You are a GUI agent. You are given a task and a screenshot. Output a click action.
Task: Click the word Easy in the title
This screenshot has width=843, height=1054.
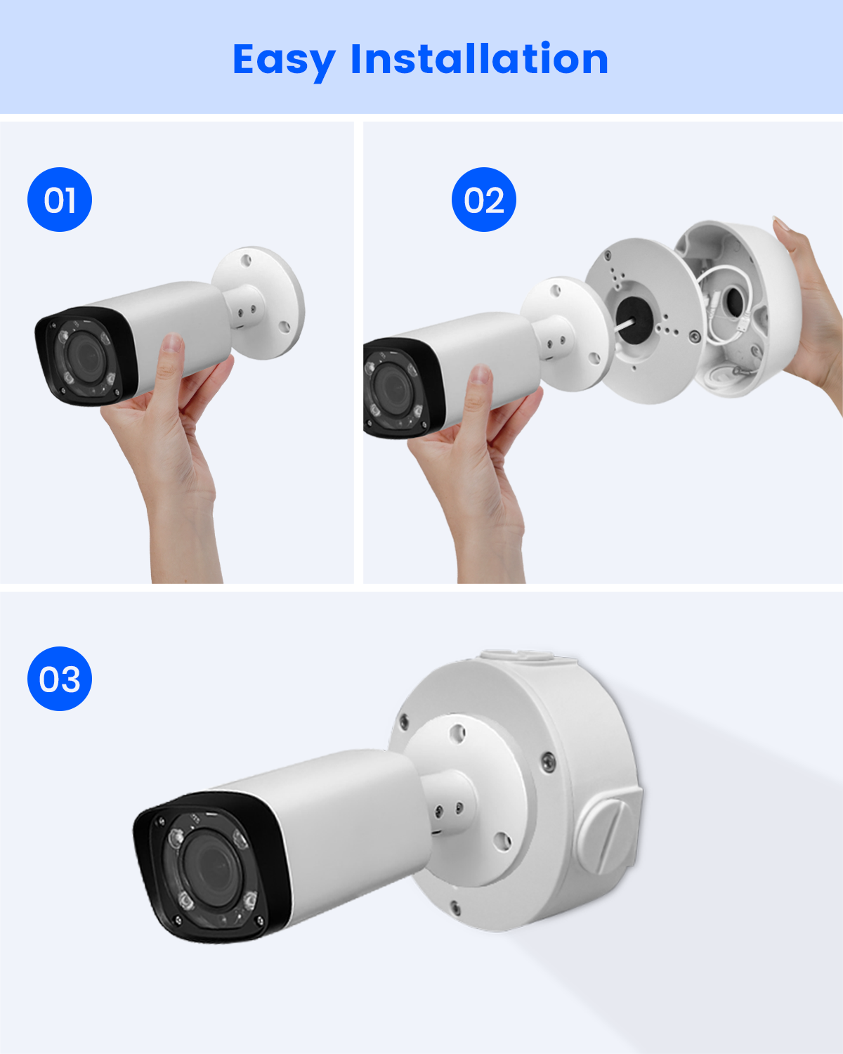[x=284, y=60]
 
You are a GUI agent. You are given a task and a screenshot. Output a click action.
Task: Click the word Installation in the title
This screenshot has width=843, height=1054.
[x=480, y=58]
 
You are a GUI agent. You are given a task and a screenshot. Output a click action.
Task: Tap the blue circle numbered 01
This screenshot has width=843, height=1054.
[x=60, y=200]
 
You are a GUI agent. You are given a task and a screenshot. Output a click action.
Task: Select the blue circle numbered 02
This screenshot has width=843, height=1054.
[x=483, y=200]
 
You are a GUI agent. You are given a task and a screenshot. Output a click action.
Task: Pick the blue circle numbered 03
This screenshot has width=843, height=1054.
[x=60, y=678]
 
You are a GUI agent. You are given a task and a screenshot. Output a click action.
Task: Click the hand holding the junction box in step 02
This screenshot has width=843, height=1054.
[x=811, y=308]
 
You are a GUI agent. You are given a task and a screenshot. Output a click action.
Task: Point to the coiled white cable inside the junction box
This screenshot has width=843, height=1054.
[x=725, y=304]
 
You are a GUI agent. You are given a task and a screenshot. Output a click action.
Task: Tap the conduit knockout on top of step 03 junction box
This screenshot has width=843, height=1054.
[x=517, y=656]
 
